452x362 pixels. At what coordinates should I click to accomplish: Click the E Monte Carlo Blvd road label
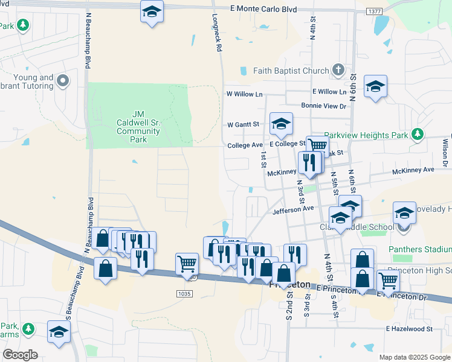click(x=264, y=10)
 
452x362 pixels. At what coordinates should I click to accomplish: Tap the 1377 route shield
click(x=374, y=11)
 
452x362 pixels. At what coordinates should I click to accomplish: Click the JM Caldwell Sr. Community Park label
click(x=138, y=126)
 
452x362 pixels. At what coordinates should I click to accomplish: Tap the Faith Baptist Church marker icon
click(x=338, y=71)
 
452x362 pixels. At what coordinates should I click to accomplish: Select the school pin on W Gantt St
click(x=281, y=124)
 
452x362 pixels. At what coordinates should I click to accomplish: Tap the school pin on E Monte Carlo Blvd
click(x=152, y=11)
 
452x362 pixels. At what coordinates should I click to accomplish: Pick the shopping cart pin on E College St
click(x=317, y=146)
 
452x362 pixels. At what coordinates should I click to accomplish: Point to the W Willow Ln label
click(x=245, y=94)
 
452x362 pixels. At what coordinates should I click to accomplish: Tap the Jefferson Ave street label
click(x=294, y=209)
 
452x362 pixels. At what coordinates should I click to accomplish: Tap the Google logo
click(x=20, y=354)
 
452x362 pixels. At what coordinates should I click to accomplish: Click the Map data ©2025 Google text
click(x=414, y=357)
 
